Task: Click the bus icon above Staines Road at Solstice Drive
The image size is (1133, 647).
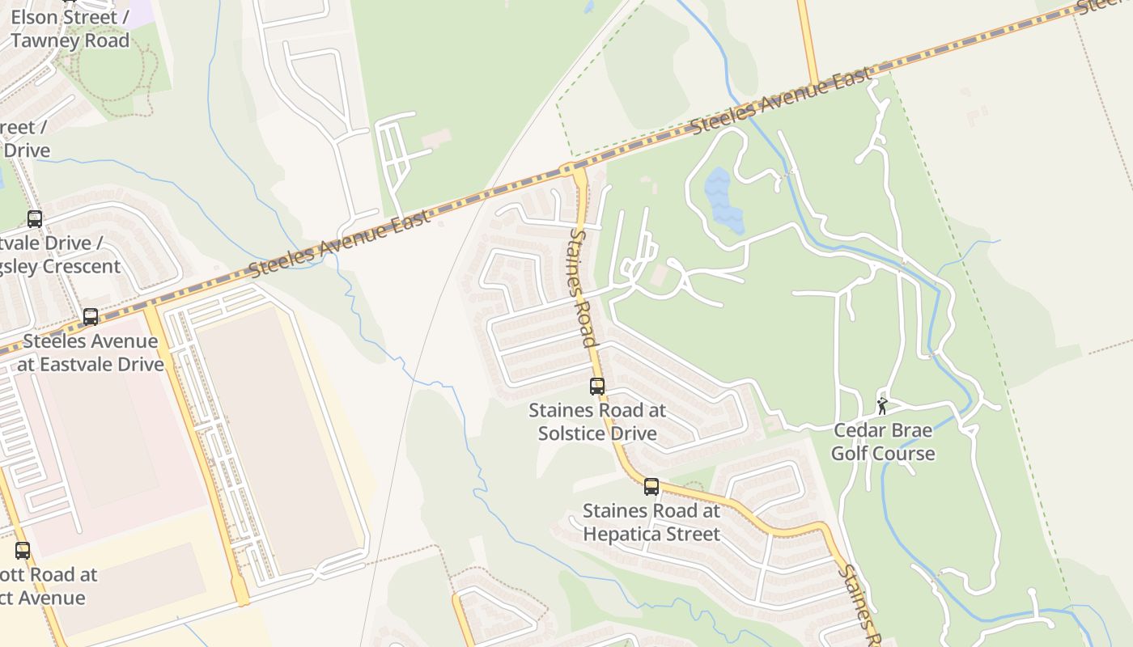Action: click(597, 387)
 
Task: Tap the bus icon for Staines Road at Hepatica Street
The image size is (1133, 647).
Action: click(651, 487)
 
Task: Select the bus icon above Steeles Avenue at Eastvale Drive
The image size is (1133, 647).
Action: click(91, 317)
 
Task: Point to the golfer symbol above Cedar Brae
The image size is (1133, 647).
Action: click(882, 406)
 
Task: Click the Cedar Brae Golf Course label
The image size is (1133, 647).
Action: click(882, 442)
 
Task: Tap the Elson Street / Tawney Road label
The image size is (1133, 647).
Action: click(70, 28)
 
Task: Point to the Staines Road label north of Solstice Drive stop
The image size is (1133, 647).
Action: click(583, 287)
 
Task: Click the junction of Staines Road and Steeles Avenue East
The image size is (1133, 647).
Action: click(578, 171)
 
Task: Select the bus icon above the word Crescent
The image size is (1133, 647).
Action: click(35, 218)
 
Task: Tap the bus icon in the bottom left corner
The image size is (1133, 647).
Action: click(23, 551)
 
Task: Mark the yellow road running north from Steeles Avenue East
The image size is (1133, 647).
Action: click(807, 40)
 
